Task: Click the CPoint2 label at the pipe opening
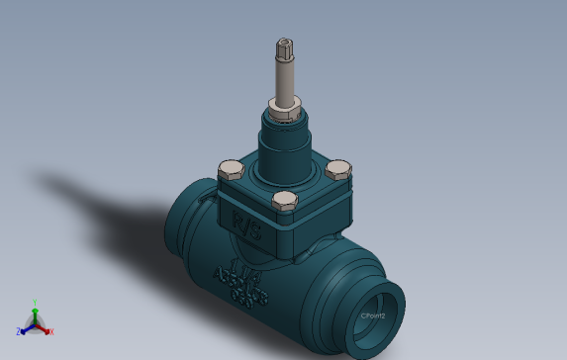pyautogui.click(x=372, y=315)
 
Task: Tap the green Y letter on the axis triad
pyautogui.click(x=34, y=303)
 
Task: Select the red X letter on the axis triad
pyautogui.click(x=51, y=332)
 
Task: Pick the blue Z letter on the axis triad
pyautogui.click(x=19, y=332)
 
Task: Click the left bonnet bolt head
pyautogui.click(x=230, y=170)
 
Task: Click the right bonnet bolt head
pyautogui.click(x=338, y=170)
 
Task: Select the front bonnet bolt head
pyautogui.click(x=284, y=203)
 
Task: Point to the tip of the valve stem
pyautogui.click(x=284, y=43)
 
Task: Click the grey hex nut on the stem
pyautogui.click(x=284, y=104)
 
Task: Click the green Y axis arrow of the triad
pyautogui.click(x=35, y=313)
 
